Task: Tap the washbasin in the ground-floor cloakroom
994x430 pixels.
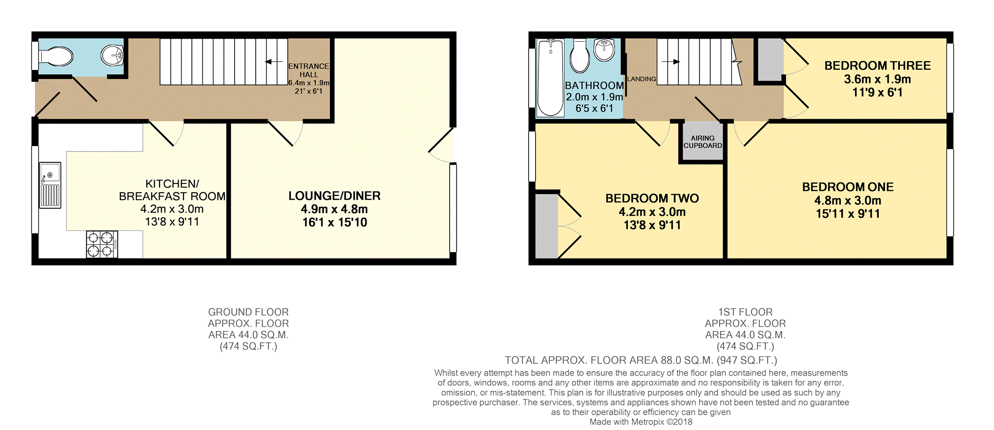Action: (112, 55)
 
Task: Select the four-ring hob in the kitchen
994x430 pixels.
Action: (102, 244)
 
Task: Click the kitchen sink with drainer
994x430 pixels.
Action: (50, 185)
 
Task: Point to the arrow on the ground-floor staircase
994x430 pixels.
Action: (273, 62)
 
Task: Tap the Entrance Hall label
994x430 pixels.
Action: (309, 70)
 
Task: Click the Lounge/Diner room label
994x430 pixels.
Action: (334, 196)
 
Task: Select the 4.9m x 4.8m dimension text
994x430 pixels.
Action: (334, 209)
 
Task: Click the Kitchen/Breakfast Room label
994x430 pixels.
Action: (172, 190)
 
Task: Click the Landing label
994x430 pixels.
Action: (642, 79)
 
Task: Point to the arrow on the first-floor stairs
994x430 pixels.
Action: (671, 62)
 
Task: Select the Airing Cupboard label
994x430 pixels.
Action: (703, 142)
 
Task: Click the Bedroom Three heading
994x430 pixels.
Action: (878, 66)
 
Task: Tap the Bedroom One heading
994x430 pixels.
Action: (848, 187)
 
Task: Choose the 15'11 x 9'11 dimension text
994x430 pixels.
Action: (848, 214)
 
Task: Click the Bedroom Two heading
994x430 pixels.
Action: (652, 199)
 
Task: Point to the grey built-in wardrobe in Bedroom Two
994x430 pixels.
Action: (546, 226)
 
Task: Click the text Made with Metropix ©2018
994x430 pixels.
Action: (641, 422)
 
